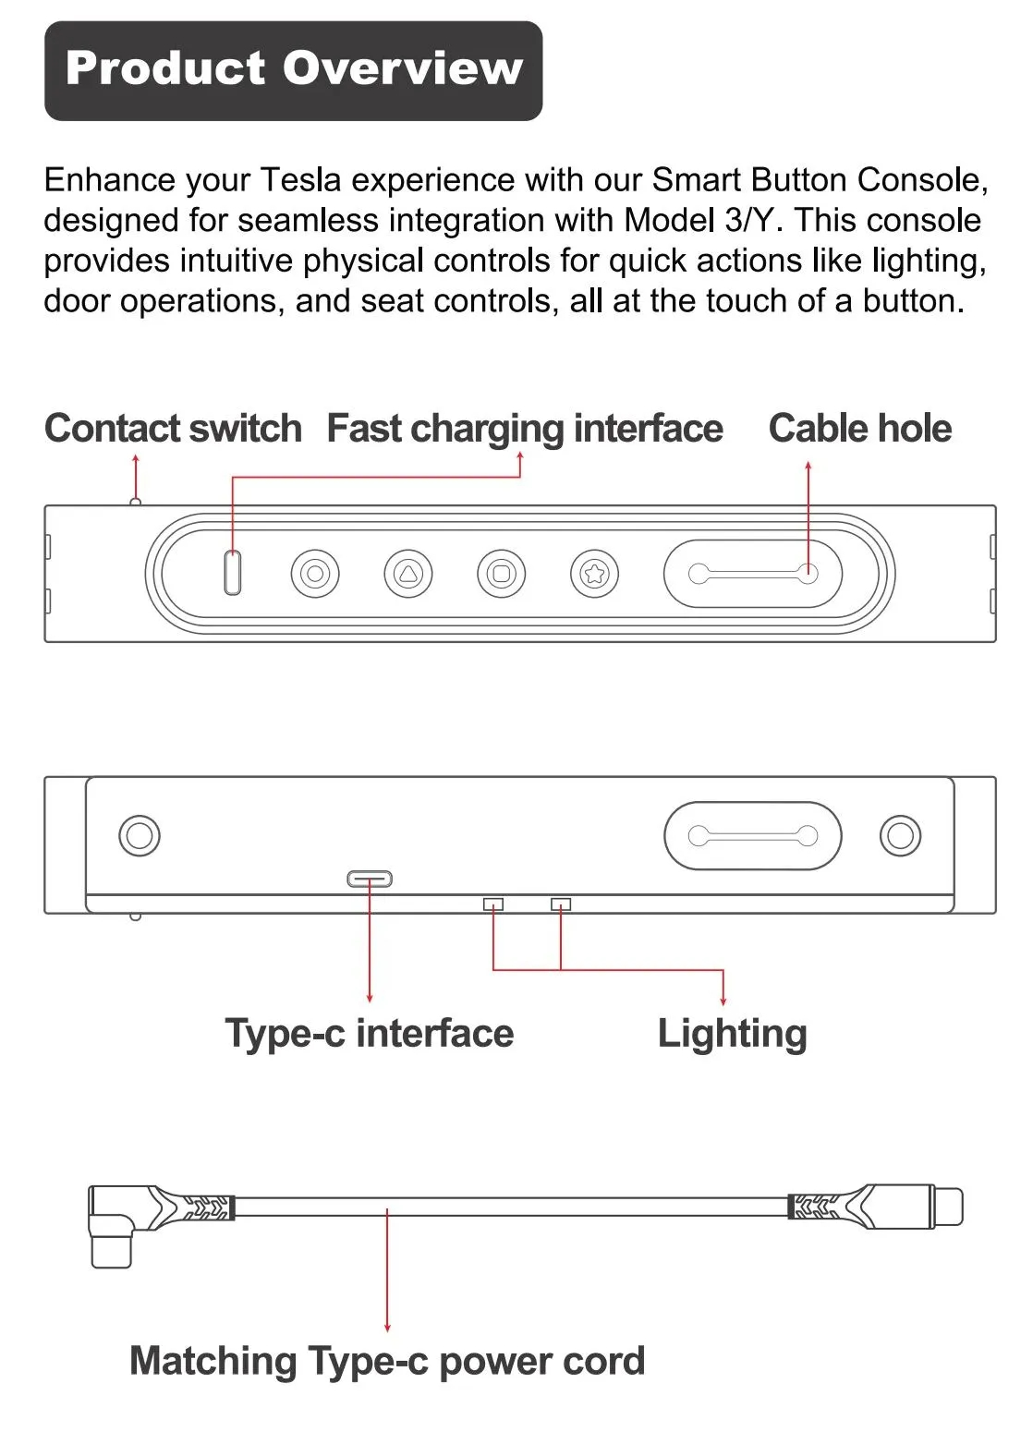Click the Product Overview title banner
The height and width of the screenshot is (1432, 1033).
tap(293, 70)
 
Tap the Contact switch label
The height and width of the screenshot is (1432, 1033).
tap(173, 429)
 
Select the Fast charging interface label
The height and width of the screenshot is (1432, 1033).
tap(525, 429)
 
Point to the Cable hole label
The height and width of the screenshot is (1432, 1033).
tap(859, 429)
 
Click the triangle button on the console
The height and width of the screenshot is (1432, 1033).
tap(407, 574)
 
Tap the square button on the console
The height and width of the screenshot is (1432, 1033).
tap(501, 574)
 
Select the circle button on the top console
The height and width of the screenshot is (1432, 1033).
tap(314, 574)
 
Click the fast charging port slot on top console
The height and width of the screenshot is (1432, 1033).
tap(233, 573)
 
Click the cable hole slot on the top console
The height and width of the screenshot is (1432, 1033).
tap(752, 574)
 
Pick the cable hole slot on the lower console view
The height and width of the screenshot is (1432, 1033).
tap(752, 836)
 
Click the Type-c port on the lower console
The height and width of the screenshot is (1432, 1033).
tap(370, 879)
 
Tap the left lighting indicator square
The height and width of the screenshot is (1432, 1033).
tap(493, 904)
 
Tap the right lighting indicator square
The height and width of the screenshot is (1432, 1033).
tap(561, 904)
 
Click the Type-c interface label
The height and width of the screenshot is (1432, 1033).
tap(369, 1033)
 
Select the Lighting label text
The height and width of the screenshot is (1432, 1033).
tap(732, 1033)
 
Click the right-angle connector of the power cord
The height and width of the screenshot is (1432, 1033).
tap(111, 1229)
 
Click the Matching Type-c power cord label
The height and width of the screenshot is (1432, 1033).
tap(386, 1361)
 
